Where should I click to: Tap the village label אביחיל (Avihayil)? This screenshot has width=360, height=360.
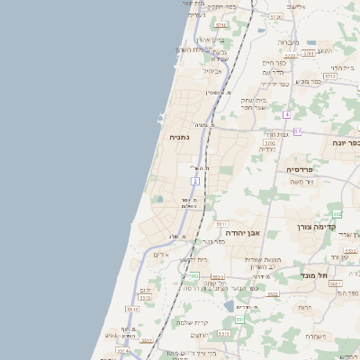coord(211,70)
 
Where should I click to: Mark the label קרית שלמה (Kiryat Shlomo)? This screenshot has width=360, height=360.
coord(193,322)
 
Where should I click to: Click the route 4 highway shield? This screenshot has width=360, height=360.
coord(286,114)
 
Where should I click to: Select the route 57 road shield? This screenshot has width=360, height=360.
coord(297,132)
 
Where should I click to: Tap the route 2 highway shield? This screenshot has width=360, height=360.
coord(195,181)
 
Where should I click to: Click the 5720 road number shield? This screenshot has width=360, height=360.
coord(275,17)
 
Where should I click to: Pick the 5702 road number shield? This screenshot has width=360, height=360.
coord(269,142)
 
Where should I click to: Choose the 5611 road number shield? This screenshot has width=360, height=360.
coord(221,224)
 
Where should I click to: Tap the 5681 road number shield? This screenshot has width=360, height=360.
coord(335,283)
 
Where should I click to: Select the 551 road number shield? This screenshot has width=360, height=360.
coord(239,319)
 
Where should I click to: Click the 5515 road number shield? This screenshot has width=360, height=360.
coord(133,310)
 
